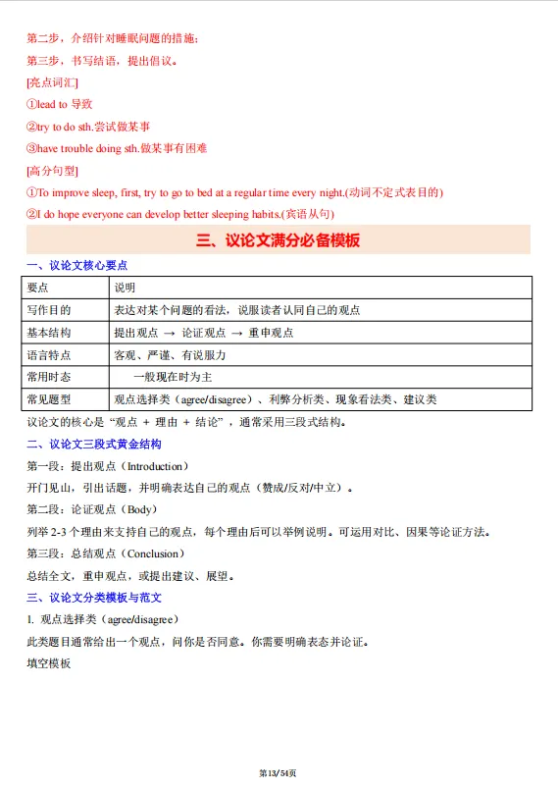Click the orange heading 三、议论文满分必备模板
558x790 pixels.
coord(279,240)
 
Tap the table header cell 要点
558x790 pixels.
coord(38,288)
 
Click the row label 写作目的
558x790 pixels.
coord(49,310)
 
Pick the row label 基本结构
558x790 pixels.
coord(49,333)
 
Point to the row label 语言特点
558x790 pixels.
coord(49,355)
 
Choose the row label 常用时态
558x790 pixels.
coord(49,377)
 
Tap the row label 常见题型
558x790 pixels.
coord(49,399)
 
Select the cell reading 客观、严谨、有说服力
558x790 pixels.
coord(170,355)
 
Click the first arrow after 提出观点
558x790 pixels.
coord(170,333)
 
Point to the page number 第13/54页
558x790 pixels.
coord(279,773)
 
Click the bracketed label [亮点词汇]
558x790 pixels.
coord(53,82)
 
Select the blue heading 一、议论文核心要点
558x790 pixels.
coord(76,265)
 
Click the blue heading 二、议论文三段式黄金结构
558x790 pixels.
coord(93,444)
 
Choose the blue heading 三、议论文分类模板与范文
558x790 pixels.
coord(94,598)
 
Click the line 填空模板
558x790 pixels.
coord(49,663)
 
